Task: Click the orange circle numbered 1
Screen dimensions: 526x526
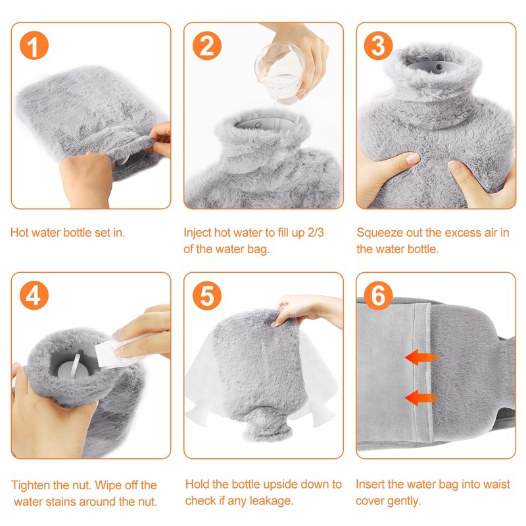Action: tap(34, 45)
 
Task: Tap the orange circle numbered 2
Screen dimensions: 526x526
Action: tap(207, 45)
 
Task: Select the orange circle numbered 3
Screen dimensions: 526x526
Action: tap(379, 45)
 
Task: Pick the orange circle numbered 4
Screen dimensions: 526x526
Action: tap(34, 295)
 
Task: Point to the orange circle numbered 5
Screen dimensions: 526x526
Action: tap(207, 295)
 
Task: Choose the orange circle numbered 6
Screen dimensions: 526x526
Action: tap(379, 295)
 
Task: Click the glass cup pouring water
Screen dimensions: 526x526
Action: tap(279, 72)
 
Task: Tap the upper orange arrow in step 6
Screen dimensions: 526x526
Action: tap(421, 357)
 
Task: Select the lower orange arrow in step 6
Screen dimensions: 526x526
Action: tap(421, 398)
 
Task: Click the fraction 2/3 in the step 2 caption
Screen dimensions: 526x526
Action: tap(316, 233)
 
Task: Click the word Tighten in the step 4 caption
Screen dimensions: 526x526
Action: tap(30, 485)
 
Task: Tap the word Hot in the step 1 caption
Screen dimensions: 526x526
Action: tap(18, 233)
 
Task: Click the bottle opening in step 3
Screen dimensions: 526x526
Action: tap(429, 66)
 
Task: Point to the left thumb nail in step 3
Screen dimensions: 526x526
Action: tap(412, 158)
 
